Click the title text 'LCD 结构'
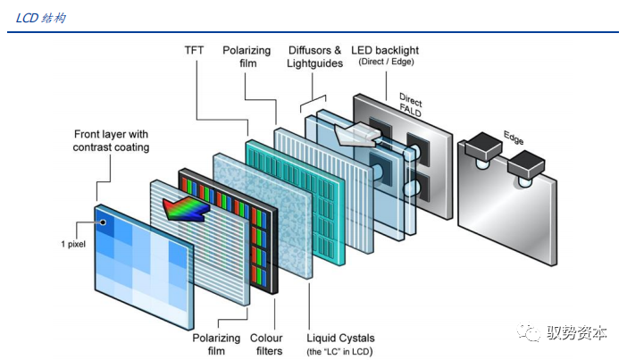(x=41, y=19)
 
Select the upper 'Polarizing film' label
(x=247, y=57)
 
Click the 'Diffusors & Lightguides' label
(x=314, y=57)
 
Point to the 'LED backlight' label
(x=386, y=50)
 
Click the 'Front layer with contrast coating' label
(x=111, y=140)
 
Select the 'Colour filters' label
(x=266, y=344)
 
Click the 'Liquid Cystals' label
(x=341, y=338)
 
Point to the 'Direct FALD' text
(x=411, y=105)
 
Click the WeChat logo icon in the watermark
(x=532, y=332)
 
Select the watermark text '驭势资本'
(x=577, y=333)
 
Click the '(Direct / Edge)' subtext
(x=386, y=62)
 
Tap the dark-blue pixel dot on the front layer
(x=104, y=222)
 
